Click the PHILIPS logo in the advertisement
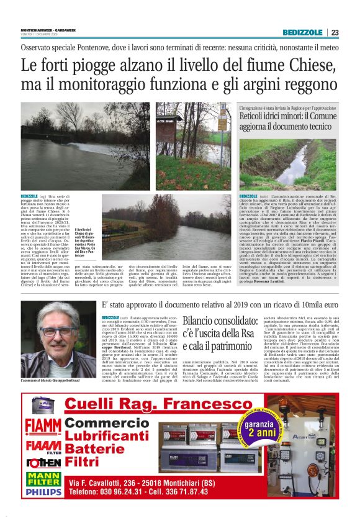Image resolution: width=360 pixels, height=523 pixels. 43,491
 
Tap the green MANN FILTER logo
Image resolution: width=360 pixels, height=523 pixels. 43,478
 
